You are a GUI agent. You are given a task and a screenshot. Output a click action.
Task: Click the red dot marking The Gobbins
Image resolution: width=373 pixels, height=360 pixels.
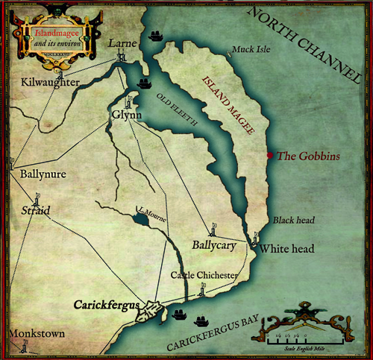point(269,155)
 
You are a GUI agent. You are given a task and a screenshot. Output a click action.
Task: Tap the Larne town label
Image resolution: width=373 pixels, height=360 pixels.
point(122,44)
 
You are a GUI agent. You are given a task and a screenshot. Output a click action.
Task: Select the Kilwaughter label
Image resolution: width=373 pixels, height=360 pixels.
point(51,81)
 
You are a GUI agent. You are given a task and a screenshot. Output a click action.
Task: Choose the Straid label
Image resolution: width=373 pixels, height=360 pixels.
point(35,211)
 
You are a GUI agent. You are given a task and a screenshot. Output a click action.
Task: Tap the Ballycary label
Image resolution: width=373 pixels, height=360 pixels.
point(197,244)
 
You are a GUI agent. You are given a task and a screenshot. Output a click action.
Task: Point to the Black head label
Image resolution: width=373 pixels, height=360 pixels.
point(294,221)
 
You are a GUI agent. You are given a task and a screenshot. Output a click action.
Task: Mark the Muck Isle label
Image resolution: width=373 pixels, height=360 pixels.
point(250,50)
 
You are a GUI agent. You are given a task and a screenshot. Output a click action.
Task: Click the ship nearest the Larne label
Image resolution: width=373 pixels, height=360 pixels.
point(157,36)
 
